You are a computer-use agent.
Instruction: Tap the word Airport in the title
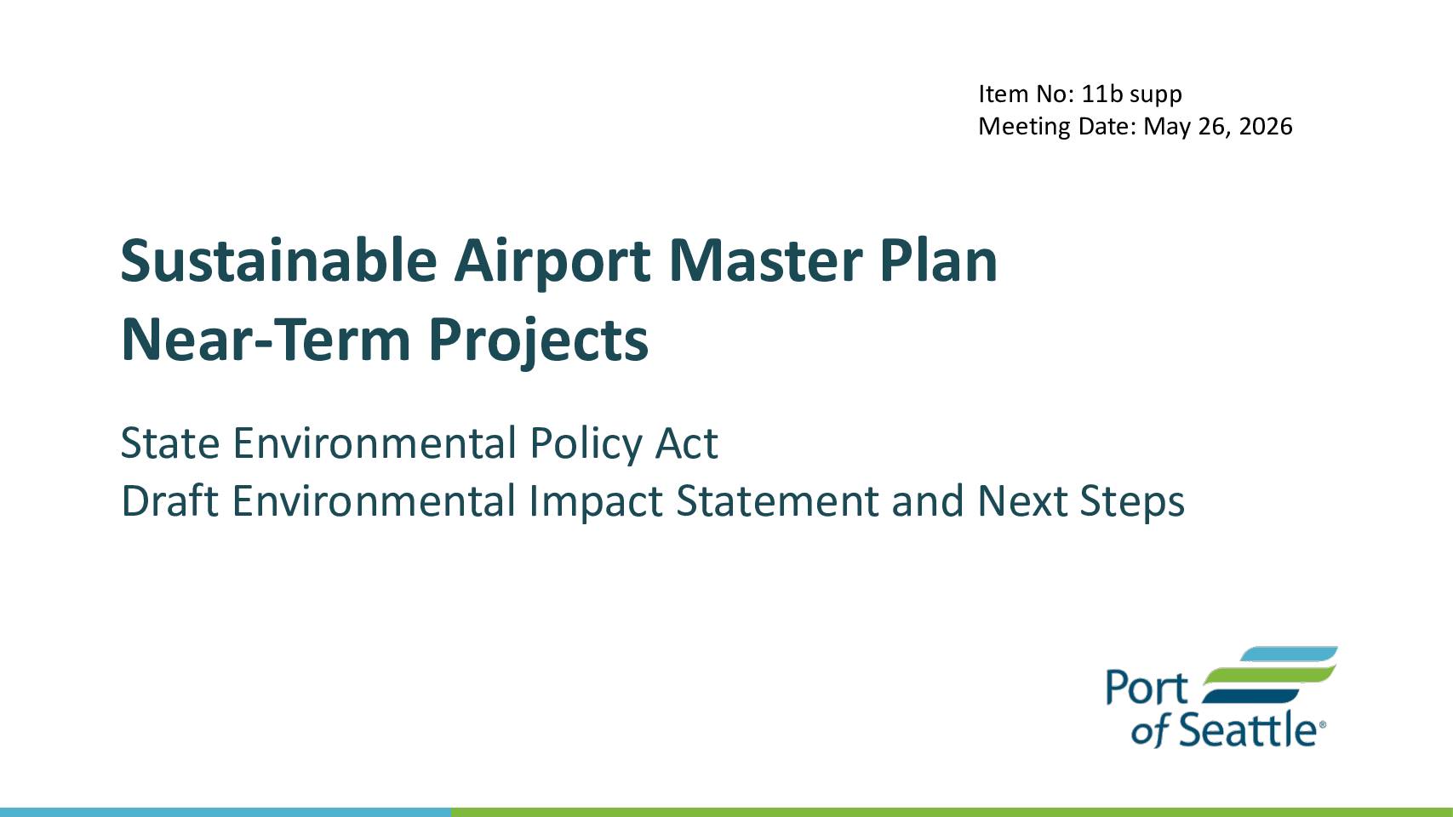coord(552,264)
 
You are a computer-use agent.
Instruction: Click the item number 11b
coord(1102,94)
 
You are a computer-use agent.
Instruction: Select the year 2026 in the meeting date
coord(1266,126)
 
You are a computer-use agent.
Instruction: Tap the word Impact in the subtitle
coord(596,502)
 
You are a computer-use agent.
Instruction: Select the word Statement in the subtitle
coord(776,501)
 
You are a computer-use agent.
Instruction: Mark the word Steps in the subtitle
coord(1133,502)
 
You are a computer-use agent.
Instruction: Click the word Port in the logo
coord(1147,688)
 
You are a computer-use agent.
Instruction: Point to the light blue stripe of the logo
coord(1289,654)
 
